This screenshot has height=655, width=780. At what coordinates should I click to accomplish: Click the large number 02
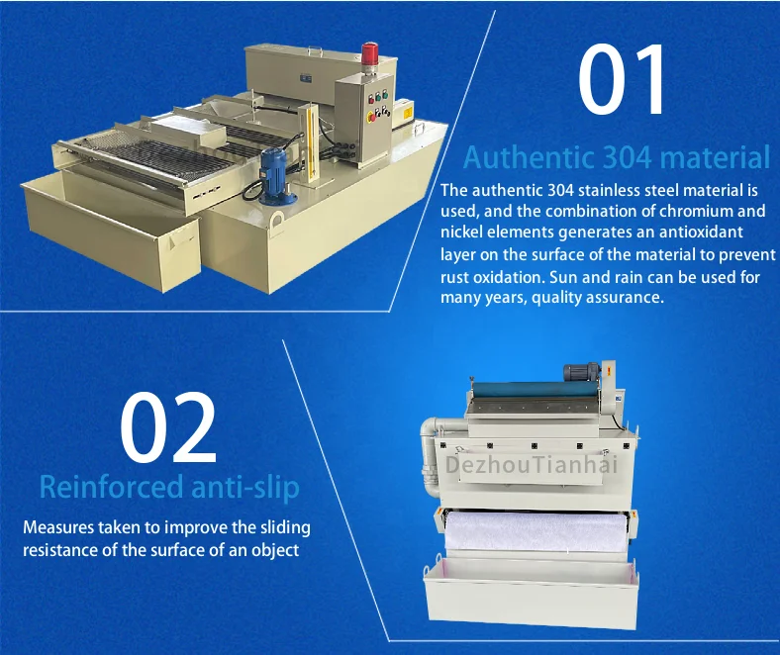[x=168, y=428]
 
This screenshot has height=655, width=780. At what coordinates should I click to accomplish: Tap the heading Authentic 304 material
[x=616, y=156]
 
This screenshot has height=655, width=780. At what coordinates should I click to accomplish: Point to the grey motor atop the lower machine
[x=579, y=373]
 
